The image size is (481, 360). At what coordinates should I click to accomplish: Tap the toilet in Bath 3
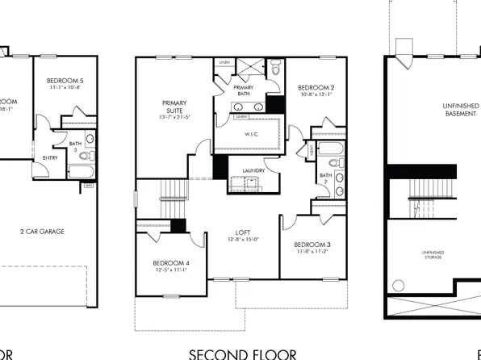pos(89,138)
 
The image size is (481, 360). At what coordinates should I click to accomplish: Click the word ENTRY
pos(50,157)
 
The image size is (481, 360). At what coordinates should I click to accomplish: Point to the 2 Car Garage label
pos(42,231)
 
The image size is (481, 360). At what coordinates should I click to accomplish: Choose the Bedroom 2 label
pos(311,87)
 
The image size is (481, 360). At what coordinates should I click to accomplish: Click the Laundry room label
pos(253,170)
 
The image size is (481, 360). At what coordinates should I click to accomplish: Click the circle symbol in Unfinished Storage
pos(398,283)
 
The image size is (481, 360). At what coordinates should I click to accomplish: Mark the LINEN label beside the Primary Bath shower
pos(224,62)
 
